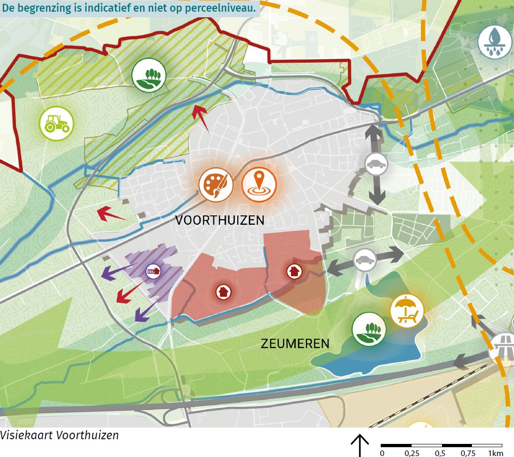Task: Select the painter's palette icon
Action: (216, 184)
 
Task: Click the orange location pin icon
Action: (259, 184)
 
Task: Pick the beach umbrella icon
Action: (407, 311)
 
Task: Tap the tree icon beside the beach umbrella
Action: (369, 329)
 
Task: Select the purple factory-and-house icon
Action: (153, 271)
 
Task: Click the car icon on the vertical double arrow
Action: (376, 164)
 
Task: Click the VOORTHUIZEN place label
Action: (220, 221)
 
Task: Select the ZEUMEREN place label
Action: (295, 344)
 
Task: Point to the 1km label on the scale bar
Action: (496, 453)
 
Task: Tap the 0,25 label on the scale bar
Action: (411, 453)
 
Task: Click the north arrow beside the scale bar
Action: (360, 444)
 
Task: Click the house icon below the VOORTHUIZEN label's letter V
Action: (223, 292)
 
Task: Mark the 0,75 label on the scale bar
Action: (471, 453)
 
